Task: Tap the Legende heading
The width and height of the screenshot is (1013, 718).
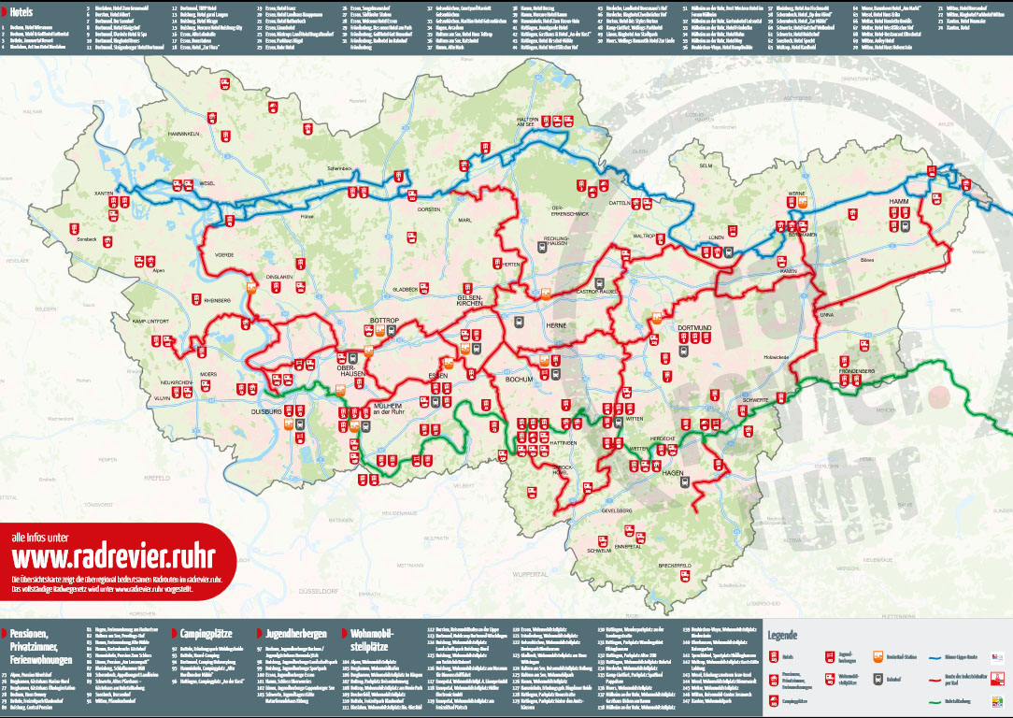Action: coord(782,635)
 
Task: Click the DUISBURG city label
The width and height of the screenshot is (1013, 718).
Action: coord(268,410)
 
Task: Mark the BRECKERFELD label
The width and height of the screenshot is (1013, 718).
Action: coord(673,567)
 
